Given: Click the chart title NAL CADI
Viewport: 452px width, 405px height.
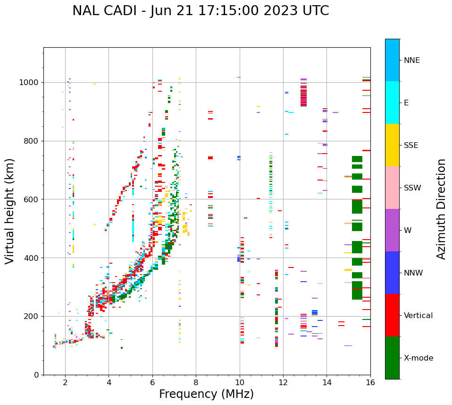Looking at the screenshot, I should click(201, 11).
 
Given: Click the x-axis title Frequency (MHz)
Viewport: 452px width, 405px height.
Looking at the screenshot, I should click(206, 394).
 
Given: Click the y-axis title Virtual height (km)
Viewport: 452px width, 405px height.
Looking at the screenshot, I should click(10, 211).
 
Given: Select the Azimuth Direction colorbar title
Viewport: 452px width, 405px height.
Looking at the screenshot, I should click(441, 209).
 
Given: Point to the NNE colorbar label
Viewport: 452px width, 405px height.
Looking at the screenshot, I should click(412, 60).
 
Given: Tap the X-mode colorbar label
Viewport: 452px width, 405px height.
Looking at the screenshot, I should click(419, 358).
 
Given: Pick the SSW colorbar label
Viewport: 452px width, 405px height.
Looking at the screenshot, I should click(412, 188).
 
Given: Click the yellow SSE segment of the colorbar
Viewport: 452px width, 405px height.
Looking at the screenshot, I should click(392, 145).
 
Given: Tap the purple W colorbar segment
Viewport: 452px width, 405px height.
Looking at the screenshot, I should click(392, 230).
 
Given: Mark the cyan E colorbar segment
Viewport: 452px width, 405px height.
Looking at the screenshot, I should click(392, 103).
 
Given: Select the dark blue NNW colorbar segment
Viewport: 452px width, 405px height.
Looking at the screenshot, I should click(392, 273).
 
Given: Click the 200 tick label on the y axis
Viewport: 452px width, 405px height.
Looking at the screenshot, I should click(33, 317).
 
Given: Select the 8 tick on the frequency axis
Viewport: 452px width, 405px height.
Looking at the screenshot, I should click(196, 383).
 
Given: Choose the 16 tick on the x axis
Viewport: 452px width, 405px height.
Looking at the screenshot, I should click(370, 383).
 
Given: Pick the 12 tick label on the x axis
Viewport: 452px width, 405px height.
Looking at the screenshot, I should click(283, 383).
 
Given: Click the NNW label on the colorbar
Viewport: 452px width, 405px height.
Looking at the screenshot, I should click(413, 273).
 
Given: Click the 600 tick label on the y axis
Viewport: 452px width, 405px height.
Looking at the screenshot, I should click(33, 199).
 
